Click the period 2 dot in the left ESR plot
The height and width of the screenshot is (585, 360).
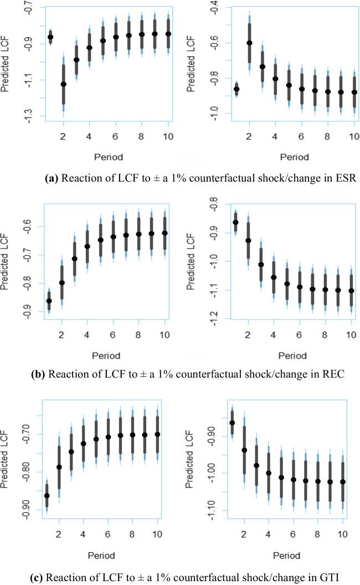pos(63,84)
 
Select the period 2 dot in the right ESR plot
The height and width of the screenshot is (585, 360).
pos(249,43)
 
